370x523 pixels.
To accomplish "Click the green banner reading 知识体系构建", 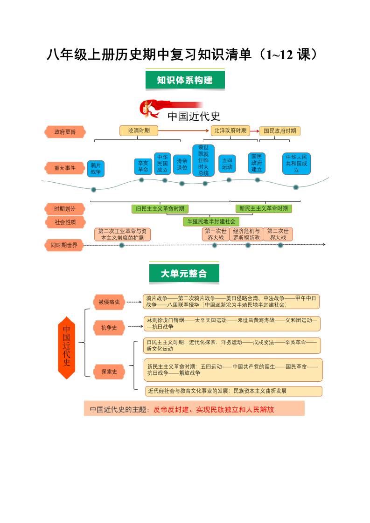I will pos(185,80).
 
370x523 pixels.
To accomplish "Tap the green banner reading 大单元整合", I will pos(184,274).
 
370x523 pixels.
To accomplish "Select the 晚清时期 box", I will pos(139,131).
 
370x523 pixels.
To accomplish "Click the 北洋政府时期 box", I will pos(230,131).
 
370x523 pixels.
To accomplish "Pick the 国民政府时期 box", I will pos(279,131).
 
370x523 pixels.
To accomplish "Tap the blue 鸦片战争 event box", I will pos(96,168).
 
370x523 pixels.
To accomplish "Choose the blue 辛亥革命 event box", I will pos(143,166).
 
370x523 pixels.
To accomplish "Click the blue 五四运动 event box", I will pos(227,164).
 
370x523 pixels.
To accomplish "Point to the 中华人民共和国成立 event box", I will pos(296,164).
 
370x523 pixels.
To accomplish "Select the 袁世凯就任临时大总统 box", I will pos(203,160).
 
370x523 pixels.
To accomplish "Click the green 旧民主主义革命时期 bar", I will pos(160,208).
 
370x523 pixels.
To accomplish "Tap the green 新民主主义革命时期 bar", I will pos(264,208).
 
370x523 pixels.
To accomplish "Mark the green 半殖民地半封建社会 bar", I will pos(211,221).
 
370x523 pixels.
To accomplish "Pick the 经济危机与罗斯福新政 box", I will pos(246,234).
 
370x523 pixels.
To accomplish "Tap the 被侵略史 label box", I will pos(109,302).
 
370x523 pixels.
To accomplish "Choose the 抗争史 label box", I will pos(109,328).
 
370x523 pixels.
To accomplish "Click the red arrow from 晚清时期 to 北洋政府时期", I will pos(184,131).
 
